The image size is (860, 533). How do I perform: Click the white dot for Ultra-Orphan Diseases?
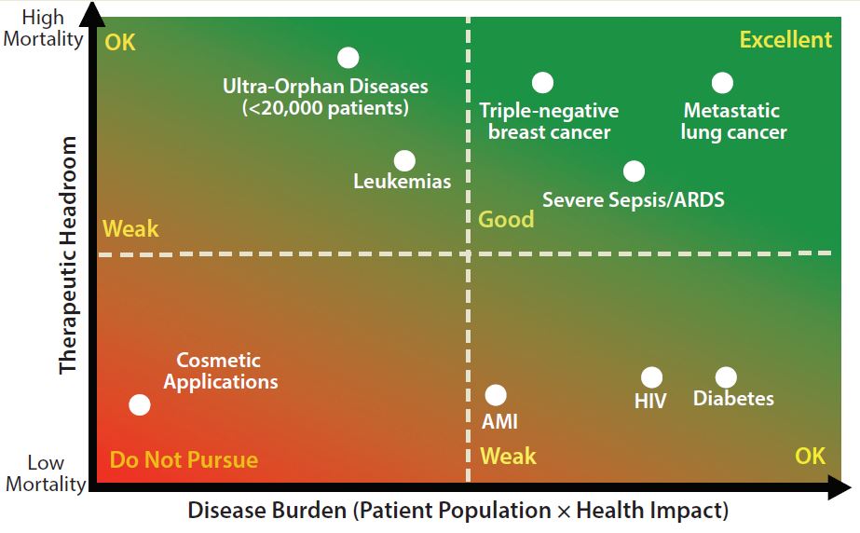tap(348, 58)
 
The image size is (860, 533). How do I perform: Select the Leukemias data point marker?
tap(404, 160)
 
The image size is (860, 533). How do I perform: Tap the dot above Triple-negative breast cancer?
tap(542, 83)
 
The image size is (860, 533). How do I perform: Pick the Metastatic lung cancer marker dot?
tap(722, 83)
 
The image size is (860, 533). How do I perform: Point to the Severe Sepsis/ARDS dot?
tap(634, 171)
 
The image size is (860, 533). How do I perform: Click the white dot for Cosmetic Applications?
tap(139, 404)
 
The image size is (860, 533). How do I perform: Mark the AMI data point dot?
tap(496, 395)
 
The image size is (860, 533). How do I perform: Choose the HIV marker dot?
tap(651, 377)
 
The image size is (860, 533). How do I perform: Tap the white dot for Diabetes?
tap(726, 377)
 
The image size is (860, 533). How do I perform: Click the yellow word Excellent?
tap(785, 40)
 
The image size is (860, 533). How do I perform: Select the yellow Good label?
tap(506, 219)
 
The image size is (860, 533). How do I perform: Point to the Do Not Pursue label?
tap(184, 459)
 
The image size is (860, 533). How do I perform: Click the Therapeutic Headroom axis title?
tap(68, 254)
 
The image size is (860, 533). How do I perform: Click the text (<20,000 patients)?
tap(325, 108)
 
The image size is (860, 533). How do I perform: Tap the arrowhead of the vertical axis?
tap(92, 12)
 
